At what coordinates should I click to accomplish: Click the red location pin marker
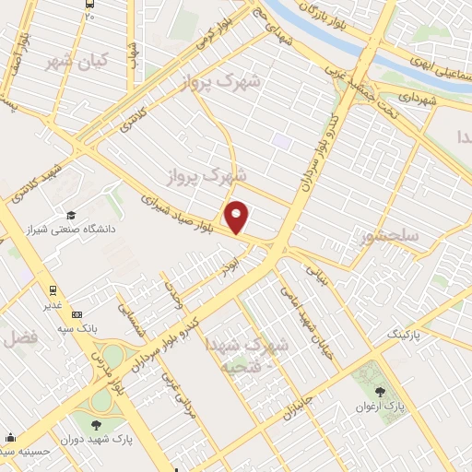[238, 218]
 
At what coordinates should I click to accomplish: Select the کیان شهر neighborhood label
[76, 61]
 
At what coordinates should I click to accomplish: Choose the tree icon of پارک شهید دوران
[96, 425]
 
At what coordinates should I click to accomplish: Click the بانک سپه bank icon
[76, 314]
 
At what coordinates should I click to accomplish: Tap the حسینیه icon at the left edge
[9, 436]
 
